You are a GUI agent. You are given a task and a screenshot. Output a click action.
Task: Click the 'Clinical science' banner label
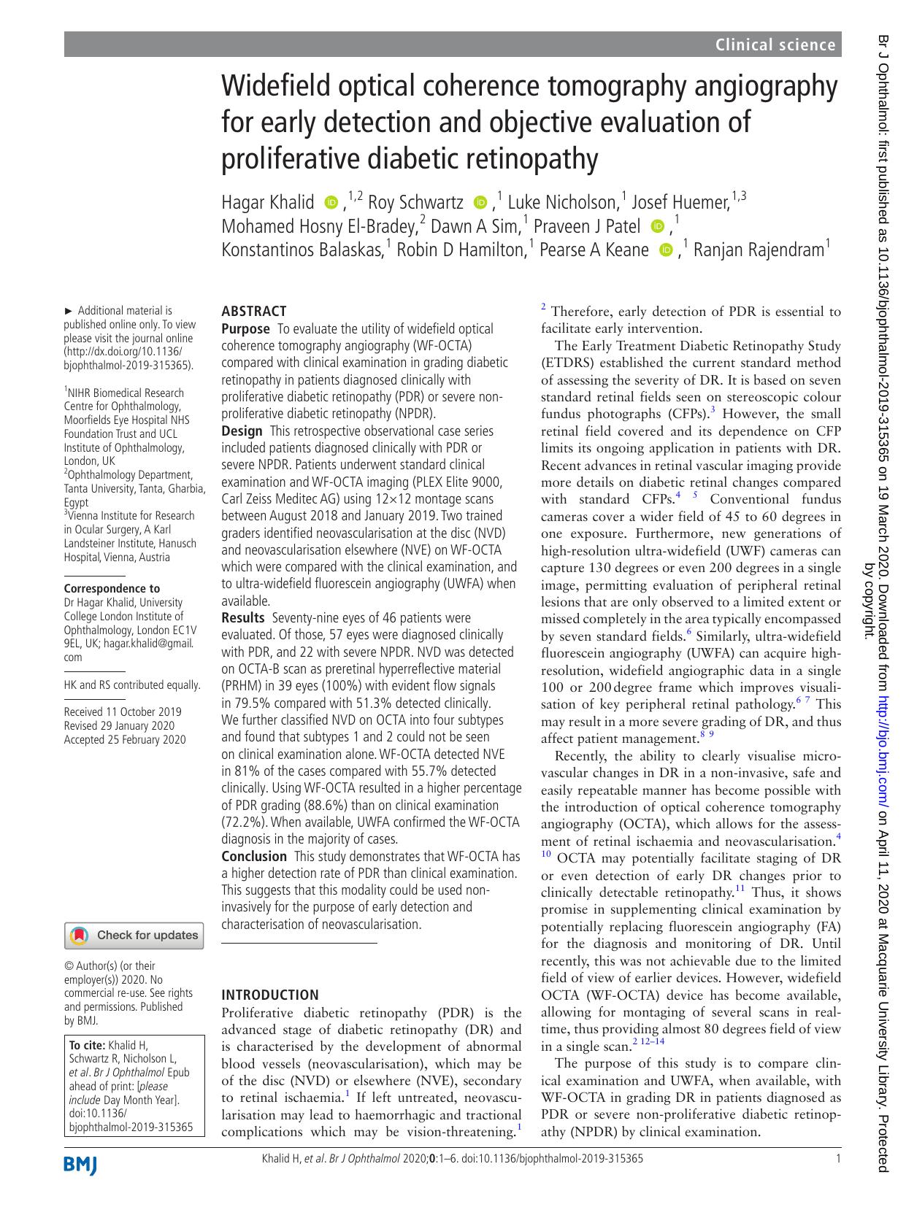coord(775,45)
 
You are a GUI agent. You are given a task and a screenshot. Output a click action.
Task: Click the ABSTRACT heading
coord(253,311)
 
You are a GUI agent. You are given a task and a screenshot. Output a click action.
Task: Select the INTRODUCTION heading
coord(269,995)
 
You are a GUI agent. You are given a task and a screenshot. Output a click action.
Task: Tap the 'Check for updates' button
coord(134,935)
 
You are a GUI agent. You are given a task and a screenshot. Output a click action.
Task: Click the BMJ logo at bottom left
coord(80,1165)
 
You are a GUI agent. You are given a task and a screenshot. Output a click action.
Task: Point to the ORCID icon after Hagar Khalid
coord(331,202)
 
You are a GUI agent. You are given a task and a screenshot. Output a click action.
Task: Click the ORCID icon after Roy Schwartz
coord(480,202)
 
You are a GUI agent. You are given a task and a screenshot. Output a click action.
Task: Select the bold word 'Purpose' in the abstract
coord(245,329)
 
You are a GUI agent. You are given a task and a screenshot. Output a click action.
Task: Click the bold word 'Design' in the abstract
coord(242,431)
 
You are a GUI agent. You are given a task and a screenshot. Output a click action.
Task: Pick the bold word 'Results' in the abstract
coord(243,618)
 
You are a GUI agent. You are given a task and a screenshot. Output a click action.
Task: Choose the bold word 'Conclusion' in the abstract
coord(254,856)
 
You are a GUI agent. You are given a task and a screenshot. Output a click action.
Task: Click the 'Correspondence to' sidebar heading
coord(112,588)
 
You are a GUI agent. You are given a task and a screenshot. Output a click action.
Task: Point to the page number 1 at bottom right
coord(838,1158)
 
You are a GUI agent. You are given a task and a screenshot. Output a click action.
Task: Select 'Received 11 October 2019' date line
coord(123,712)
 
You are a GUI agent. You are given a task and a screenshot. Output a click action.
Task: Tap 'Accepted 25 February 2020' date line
coord(125,739)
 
